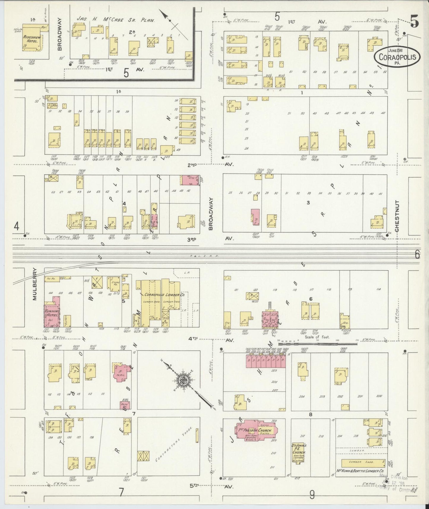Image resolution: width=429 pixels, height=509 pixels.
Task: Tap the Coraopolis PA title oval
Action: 397,56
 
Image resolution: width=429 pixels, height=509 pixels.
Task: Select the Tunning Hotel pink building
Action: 52,313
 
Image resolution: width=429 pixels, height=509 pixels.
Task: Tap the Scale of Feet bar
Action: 318,344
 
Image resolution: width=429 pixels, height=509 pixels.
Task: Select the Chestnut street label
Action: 397,216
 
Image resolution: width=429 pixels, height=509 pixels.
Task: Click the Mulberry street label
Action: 35,284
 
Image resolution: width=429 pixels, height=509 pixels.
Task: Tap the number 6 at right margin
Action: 417,254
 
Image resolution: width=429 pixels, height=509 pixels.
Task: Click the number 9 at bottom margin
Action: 312,494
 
